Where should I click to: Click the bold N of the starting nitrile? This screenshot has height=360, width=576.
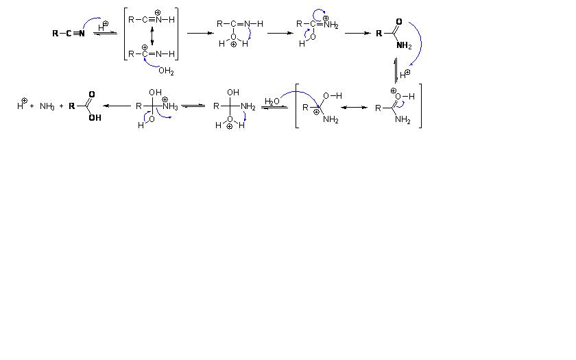tap(82, 33)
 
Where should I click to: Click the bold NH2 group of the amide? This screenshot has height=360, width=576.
tap(404, 46)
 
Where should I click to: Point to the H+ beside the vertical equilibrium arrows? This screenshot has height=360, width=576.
tap(405, 73)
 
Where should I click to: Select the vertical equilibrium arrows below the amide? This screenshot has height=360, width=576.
tap(396, 69)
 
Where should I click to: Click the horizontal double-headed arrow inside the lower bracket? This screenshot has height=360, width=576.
tap(354, 108)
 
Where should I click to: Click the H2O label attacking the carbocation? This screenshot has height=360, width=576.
tap(272, 101)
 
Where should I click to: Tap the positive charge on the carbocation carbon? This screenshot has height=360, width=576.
tap(316, 112)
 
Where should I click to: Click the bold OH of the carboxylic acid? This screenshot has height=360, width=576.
tap(95, 117)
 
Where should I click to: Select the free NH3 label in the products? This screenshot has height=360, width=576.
tap(47, 106)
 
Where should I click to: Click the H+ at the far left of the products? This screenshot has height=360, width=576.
tap(21, 106)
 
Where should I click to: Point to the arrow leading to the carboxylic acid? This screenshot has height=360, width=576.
tap(117, 106)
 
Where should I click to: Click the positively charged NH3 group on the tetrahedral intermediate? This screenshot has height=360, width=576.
tap(170, 106)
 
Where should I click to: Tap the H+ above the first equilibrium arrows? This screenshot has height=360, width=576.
tap(103, 25)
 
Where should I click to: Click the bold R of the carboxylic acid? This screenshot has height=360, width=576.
tap(72, 106)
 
